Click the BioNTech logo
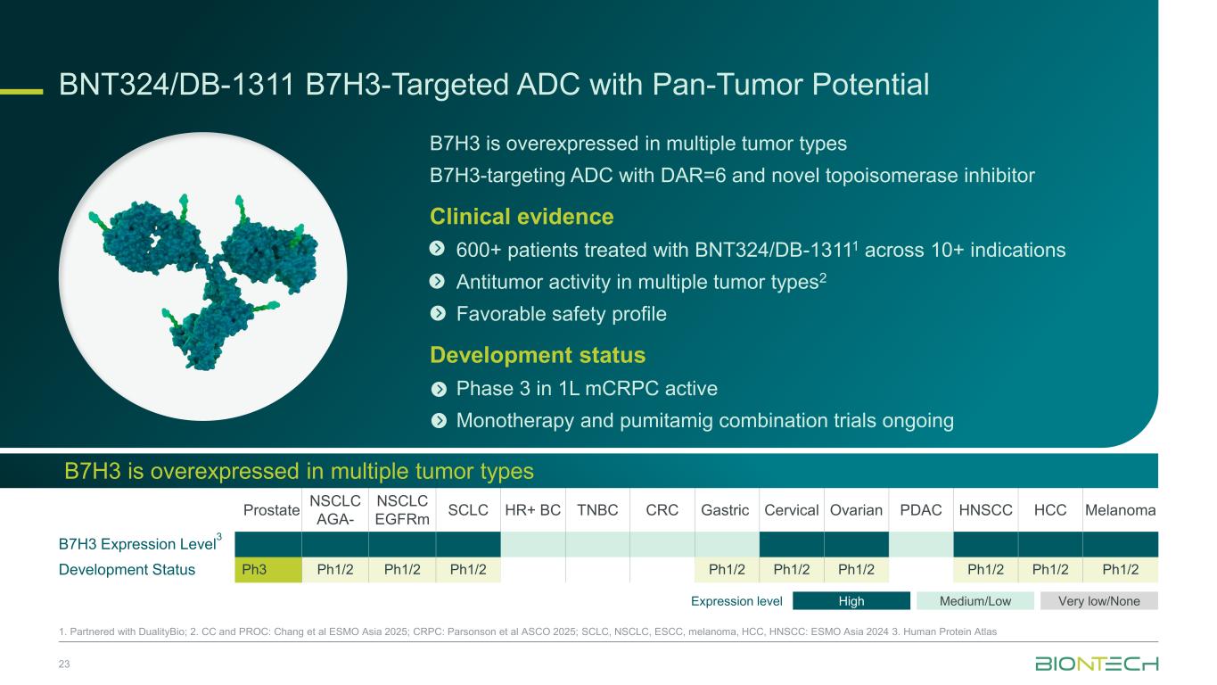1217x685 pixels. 1097,664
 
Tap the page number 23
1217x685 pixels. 64,664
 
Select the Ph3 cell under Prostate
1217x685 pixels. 267,570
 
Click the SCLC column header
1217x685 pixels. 468,510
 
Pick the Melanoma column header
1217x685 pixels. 1121,510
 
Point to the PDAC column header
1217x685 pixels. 921,510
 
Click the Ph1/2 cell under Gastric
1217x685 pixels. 727,570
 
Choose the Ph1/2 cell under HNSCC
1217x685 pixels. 985,570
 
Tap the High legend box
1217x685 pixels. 851,601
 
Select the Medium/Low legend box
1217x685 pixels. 975,601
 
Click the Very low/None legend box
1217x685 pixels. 1099,601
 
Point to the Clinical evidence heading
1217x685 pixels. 522,217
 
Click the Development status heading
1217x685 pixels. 538,355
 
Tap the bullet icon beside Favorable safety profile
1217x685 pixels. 438,314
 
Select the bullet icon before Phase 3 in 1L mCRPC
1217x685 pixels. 439,389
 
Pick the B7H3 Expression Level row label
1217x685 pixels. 140,543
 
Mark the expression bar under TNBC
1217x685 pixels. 597,544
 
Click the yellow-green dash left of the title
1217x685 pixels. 21,91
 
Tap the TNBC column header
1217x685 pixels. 597,510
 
